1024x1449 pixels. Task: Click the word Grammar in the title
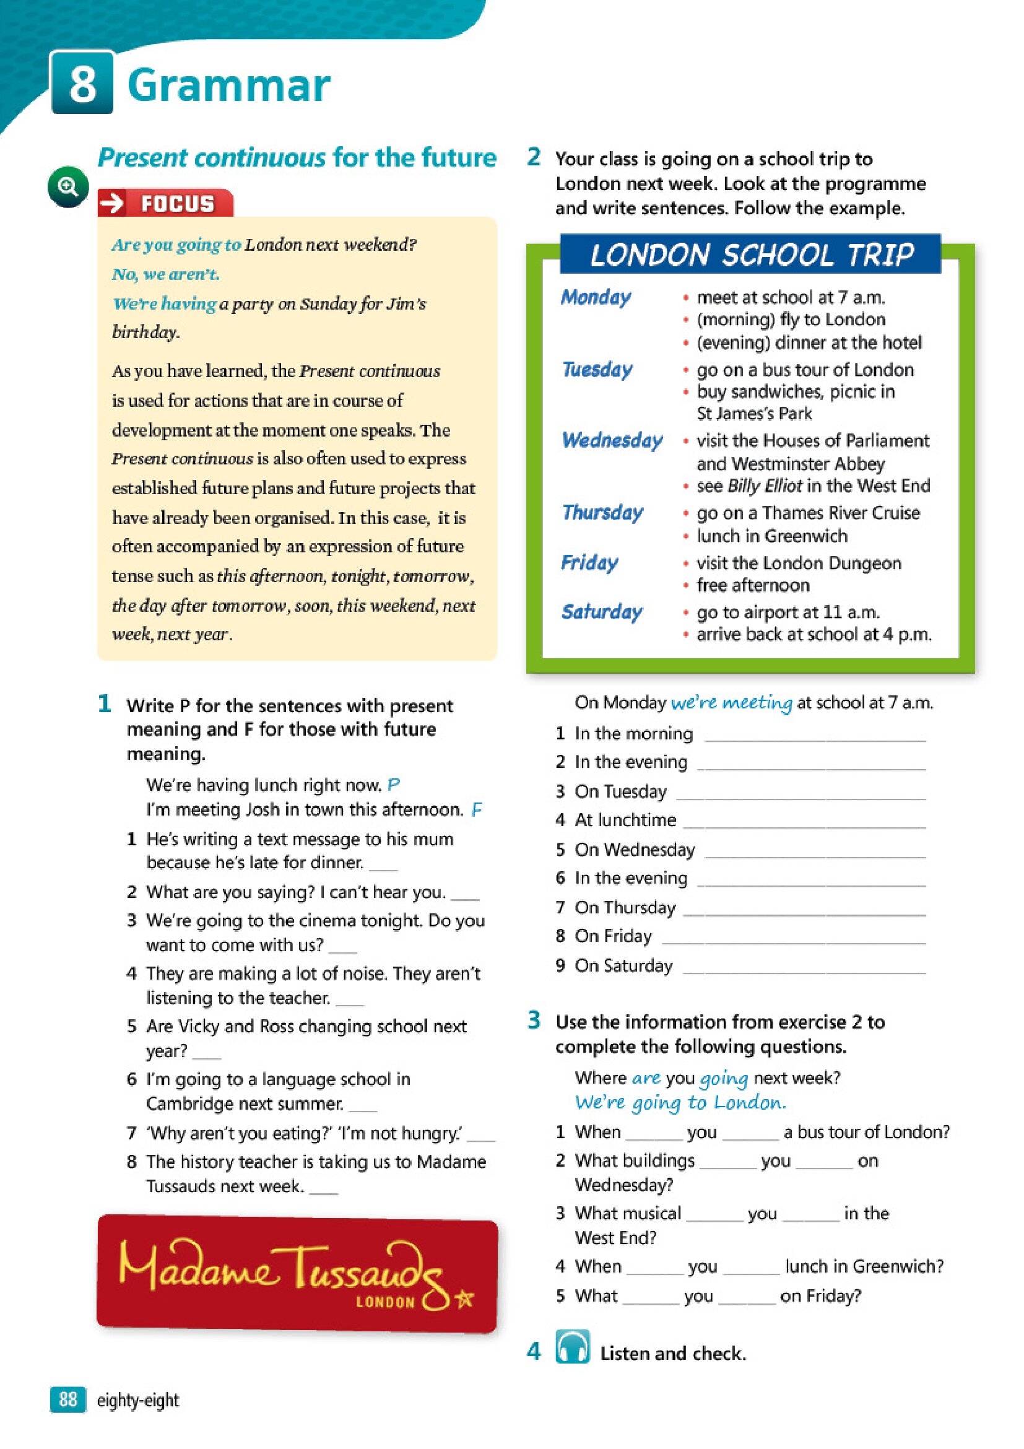228,85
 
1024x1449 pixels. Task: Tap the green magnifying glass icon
68,187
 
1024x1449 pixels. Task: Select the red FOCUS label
165,203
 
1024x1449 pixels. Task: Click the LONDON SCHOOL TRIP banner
750,255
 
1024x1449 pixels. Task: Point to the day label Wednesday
612,440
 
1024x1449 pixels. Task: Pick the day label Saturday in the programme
602,612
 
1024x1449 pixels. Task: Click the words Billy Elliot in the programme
764,485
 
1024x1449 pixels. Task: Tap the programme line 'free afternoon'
752,585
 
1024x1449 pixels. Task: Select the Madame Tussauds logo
297,1273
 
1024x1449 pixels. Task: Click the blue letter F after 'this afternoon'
477,810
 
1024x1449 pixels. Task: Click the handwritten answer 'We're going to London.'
680,1102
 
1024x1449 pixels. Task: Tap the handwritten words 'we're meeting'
731,702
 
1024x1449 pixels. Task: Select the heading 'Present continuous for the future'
297,157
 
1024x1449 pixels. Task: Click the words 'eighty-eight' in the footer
137,1400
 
